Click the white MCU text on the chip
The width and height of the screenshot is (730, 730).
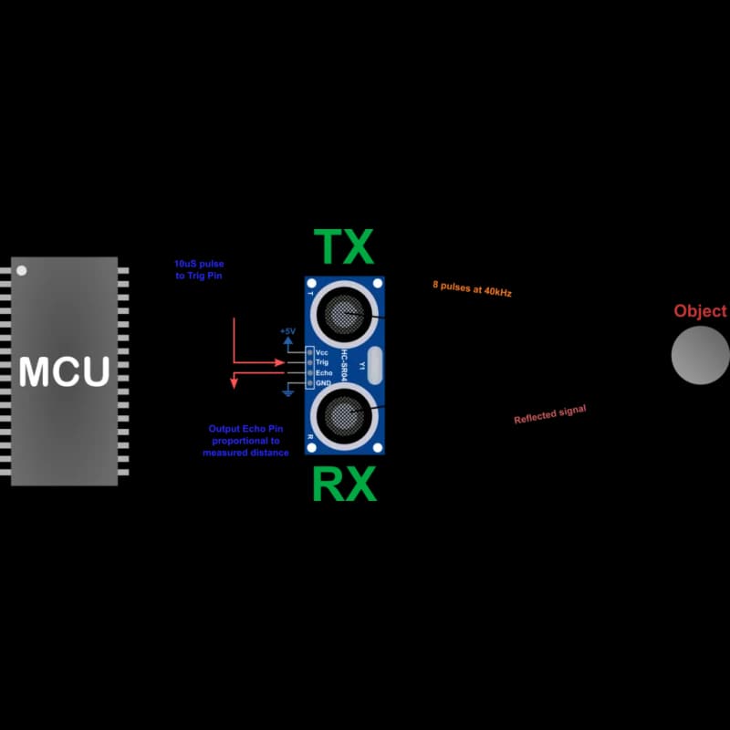(64, 371)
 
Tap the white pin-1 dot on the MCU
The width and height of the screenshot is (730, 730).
(21, 270)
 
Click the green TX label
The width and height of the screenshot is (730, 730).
(344, 246)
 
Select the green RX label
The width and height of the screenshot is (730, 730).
(344, 484)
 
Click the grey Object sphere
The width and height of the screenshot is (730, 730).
(700, 355)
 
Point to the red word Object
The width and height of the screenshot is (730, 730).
(700, 310)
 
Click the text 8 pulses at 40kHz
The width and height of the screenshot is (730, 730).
(472, 288)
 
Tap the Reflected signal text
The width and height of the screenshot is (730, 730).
(550, 414)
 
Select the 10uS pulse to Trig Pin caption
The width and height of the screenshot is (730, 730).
(199, 269)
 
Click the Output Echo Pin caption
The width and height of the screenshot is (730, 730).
(245, 441)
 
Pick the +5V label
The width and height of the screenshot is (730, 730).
(287, 331)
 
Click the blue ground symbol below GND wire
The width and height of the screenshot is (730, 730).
(288, 392)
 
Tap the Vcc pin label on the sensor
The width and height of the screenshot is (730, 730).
(322, 352)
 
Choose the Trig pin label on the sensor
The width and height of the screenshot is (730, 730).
(322, 362)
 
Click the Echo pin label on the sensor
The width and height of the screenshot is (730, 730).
(324, 373)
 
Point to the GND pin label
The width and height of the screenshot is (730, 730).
(323, 383)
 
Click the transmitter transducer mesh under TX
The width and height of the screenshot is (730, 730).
(344, 314)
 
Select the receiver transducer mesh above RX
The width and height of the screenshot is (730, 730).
(344, 416)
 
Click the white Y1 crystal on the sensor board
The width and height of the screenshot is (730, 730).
(375, 366)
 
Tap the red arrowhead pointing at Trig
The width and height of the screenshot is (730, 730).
(280, 362)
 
